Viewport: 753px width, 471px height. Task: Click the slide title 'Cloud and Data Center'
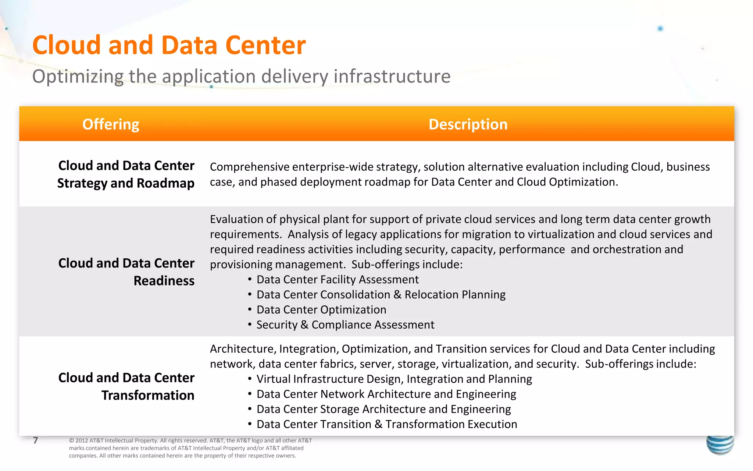tap(169, 45)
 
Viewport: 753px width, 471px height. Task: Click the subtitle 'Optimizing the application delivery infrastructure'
tap(241, 77)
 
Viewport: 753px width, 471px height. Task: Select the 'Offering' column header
tap(111, 124)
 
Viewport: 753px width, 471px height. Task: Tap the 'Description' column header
tap(468, 124)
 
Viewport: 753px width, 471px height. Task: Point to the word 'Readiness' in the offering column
tap(164, 281)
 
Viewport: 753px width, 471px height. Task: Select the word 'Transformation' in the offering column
tap(148, 395)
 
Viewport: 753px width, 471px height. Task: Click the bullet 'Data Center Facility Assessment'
tap(338, 280)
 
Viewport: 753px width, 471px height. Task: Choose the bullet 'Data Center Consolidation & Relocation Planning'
tap(381, 295)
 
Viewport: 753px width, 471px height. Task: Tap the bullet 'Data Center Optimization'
tap(321, 310)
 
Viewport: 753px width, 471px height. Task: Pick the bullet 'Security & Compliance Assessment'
tap(345, 325)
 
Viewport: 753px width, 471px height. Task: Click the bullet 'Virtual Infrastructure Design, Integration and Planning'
tap(394, 379)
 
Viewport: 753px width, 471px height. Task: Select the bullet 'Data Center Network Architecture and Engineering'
tap(386, 394)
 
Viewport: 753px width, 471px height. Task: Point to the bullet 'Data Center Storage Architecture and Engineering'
tap(383, 409)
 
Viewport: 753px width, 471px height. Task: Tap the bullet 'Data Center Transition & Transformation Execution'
tap(387, 424)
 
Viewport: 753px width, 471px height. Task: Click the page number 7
tap(35, 440)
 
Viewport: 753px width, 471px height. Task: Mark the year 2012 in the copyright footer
tap(82, 440)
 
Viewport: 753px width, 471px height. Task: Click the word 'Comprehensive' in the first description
tap(250, 167)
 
